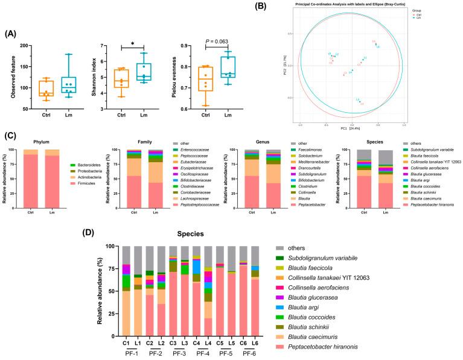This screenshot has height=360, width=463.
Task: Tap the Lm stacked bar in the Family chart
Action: (156, 183)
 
